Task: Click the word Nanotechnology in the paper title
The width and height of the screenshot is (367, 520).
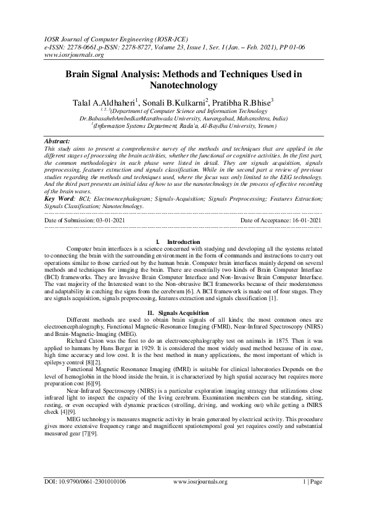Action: tap(183, 85)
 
